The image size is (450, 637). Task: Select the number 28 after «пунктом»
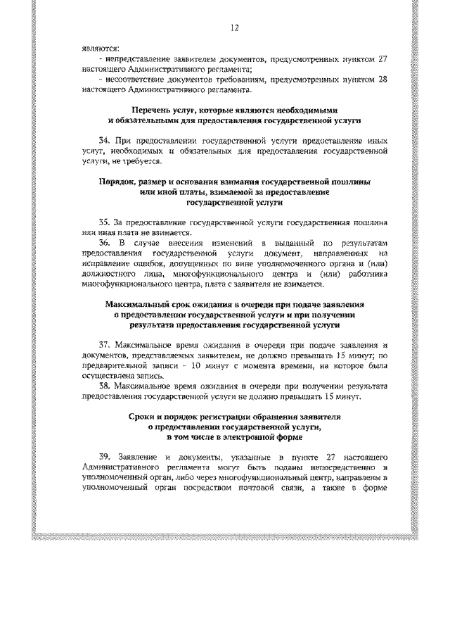(x=382, y=80)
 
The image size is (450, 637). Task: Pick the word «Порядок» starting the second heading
(x=120, y=182)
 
